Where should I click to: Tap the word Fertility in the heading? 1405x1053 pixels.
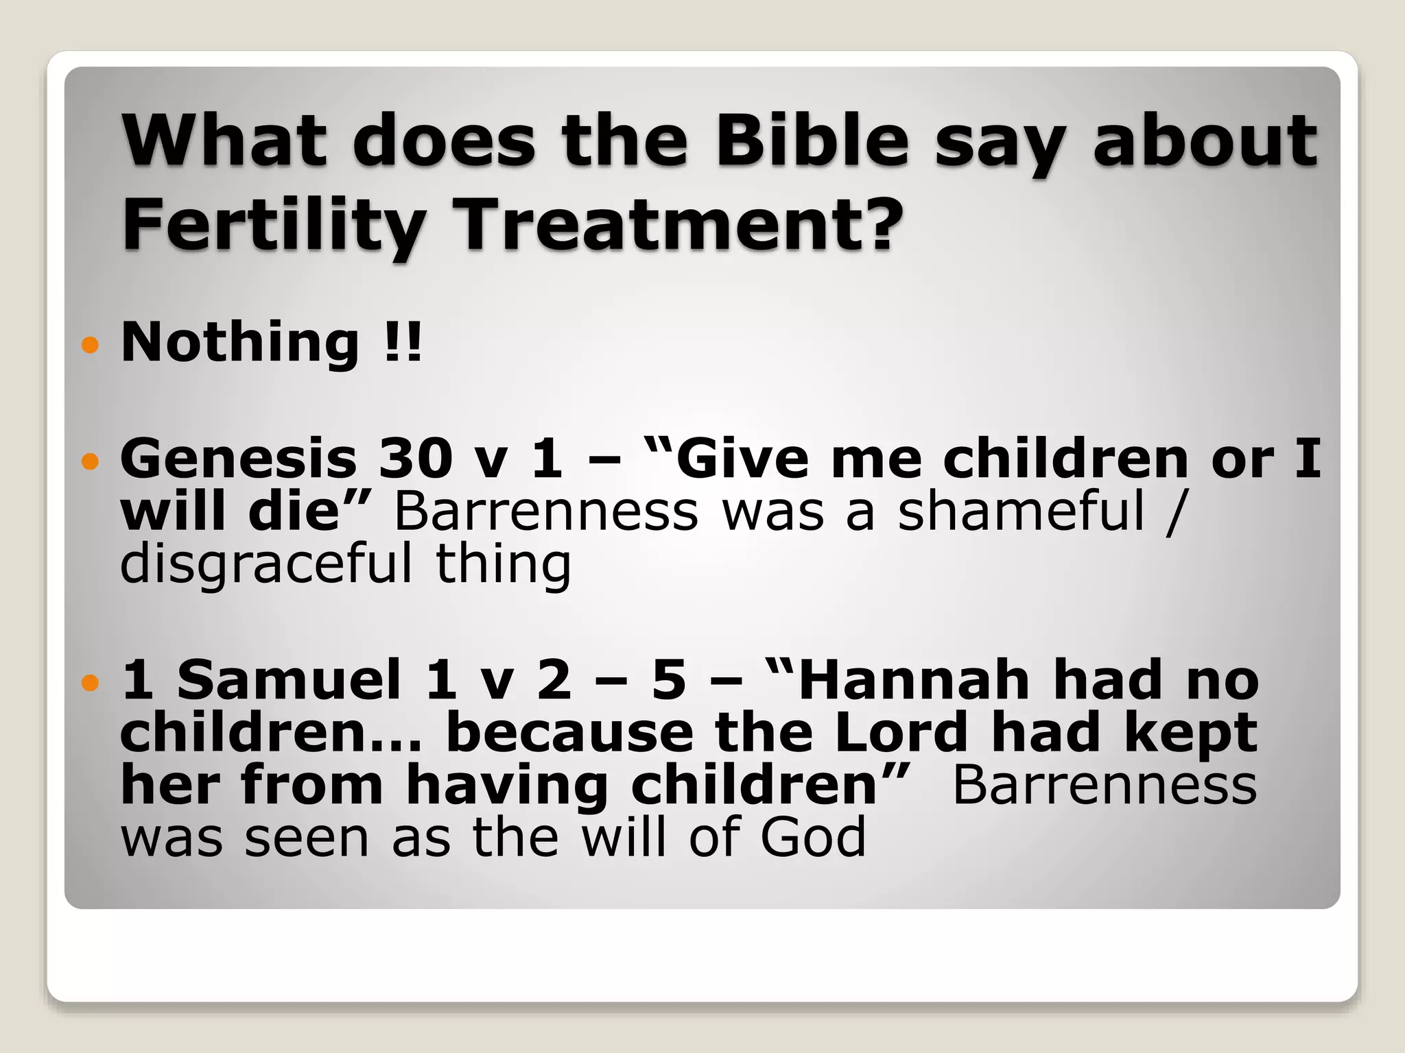pyautogui.click(x=273, y=225)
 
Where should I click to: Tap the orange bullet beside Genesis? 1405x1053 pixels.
pyautogui.click(x=90, y=461)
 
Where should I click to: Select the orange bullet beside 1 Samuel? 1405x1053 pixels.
pyautogui.click(x=90, y=682)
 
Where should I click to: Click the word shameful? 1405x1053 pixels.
pyautogui.click(x=1022, y=511)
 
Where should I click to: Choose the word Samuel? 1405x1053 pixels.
pyautogui.click(x=289, y=679)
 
